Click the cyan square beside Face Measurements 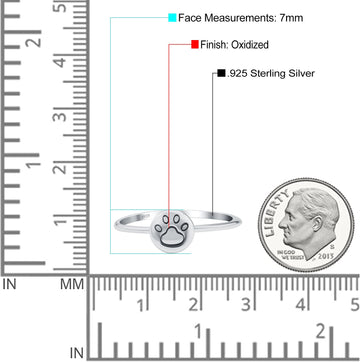click(172, 18)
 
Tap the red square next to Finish click(195, 44)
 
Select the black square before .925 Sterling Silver click(221, 73)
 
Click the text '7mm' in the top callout click(291, 18)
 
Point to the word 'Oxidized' click(250, 44)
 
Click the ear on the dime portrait click(316, 224)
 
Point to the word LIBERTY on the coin click(274, 212)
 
